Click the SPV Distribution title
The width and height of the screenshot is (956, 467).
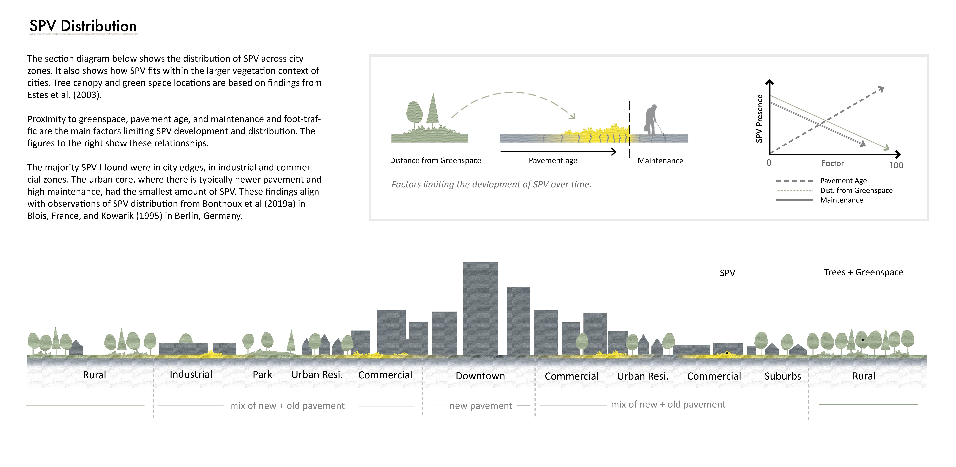(x=83, y=26)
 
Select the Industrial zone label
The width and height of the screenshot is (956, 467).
(x=191, y=375)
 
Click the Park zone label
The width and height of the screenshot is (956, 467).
(x=262, y=375)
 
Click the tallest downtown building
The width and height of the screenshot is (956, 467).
(x=481, y=308)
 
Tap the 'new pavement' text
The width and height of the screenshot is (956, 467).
(x=481, y=406)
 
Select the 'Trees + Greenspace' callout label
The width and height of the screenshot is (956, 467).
(x=864, y=272)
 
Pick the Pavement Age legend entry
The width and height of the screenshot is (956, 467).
(x=843, y=181)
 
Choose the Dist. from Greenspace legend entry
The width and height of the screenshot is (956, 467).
(x=856, y=190)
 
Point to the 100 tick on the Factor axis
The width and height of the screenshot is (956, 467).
(x=896, y=165)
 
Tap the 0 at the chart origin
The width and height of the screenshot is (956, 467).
(x=769, y=163)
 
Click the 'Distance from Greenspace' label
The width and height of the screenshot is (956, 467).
(x=435, y=161)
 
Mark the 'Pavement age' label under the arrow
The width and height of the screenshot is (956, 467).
(x=553, y=161)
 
